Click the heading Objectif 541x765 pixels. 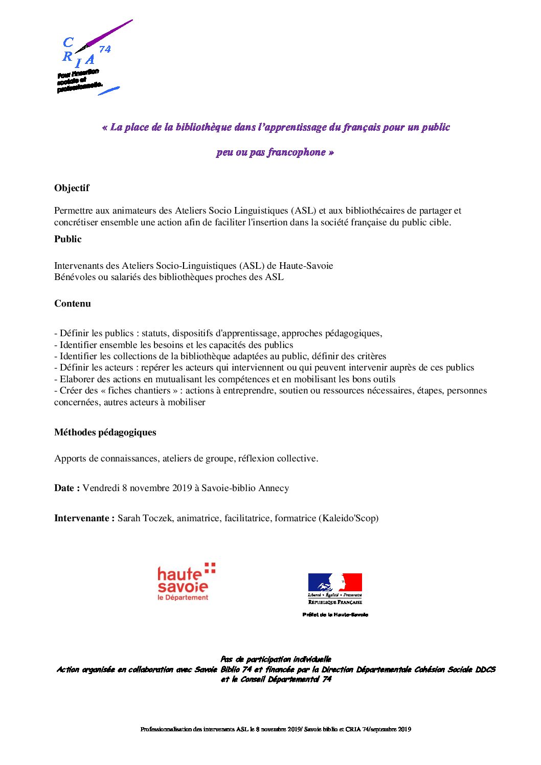72,188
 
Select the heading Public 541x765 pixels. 67,239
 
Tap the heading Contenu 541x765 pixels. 73,304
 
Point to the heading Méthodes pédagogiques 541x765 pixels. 105,432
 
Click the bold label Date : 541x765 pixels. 66,488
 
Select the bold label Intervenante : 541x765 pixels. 84,518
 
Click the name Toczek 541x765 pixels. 159,518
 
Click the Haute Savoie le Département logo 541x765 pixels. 186,582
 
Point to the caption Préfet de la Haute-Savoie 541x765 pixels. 335,615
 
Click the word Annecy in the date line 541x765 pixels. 274,488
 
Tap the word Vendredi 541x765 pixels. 101,488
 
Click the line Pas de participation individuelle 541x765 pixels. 276,659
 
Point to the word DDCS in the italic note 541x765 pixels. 485,669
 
